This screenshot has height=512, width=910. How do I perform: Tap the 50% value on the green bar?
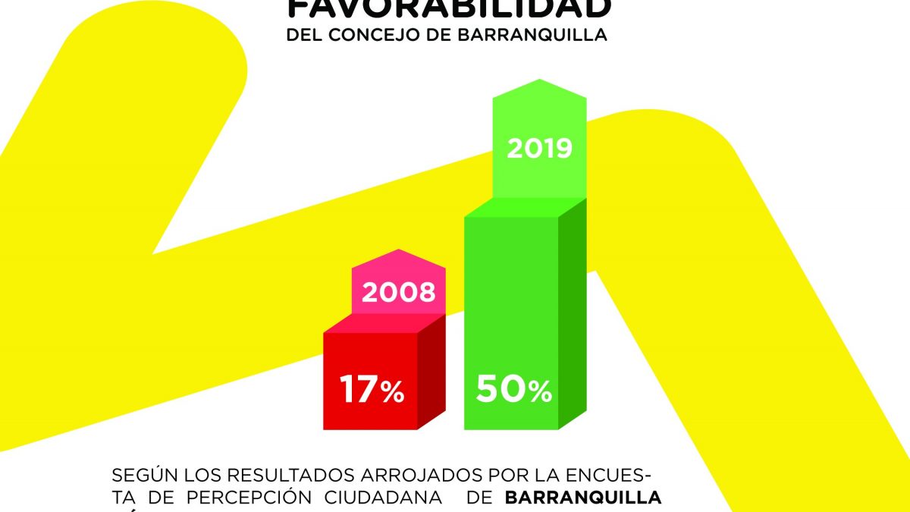point(513,390)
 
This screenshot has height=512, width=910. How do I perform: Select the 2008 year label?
point(398,293)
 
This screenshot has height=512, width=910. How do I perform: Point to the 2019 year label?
point(539,148)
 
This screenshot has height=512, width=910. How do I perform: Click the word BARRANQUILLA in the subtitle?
point(543,36)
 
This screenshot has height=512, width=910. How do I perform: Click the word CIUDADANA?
point(383,498)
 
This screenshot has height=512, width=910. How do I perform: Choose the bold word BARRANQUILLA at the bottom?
point(582,498)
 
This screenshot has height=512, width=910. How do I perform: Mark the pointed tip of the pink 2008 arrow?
point(398,251)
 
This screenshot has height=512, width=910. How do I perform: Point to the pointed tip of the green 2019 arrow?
point(539,80)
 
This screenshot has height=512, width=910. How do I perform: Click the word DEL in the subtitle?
point(303,36)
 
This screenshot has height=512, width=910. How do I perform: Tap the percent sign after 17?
point(391,392)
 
